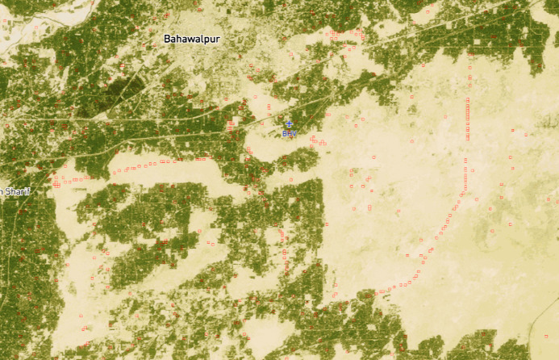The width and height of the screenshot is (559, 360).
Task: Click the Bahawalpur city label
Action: (192, 39)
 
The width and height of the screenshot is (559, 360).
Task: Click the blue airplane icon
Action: (290, 124)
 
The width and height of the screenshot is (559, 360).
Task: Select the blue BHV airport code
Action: (290, 133)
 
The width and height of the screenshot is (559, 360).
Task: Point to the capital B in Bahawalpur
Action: (167, 39)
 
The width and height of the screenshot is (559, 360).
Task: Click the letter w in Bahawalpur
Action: (192, 39)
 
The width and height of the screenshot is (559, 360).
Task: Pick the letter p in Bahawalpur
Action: (207, 40)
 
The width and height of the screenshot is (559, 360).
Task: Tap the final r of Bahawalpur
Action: (219, 39)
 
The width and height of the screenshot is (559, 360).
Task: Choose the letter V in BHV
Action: (295, 133)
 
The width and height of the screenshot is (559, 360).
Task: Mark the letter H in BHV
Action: (290, 133)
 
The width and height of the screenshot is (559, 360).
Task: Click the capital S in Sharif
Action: (9, 191)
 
